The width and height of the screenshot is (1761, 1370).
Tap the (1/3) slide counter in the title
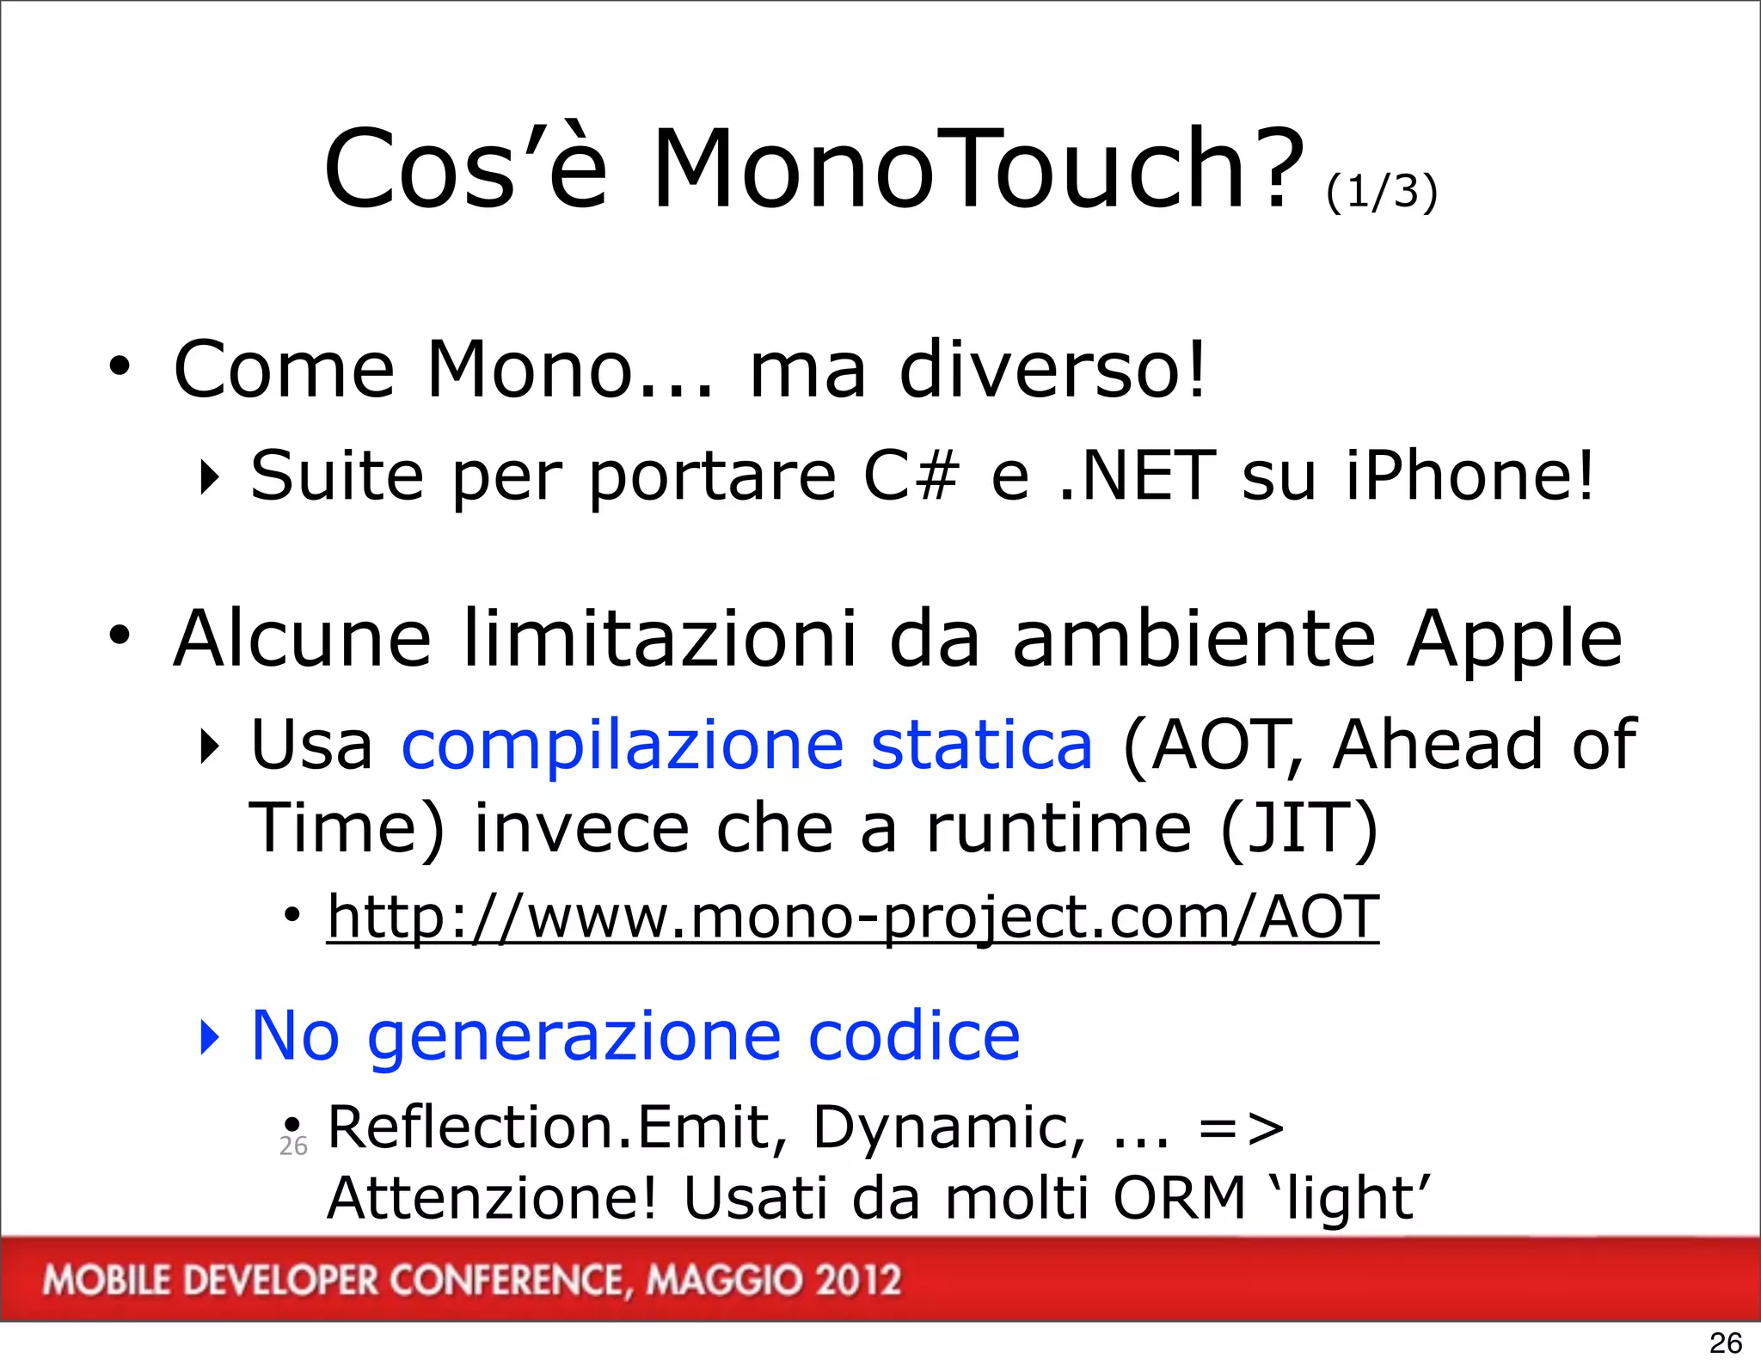click(1381, 191)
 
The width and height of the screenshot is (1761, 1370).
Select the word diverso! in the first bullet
click(1052, 370)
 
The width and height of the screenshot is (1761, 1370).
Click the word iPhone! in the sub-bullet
click(1470, 476)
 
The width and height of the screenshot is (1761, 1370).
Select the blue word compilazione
click(623, 746)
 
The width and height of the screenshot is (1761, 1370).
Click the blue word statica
click(981, 744)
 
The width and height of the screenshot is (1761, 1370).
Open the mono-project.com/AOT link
click(852, 918)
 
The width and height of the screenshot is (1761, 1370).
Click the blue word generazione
click(574, 1037)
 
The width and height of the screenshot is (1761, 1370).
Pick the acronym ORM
click(1179, 1198)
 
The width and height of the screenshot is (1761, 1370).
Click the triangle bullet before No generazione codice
click(209, 1037)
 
